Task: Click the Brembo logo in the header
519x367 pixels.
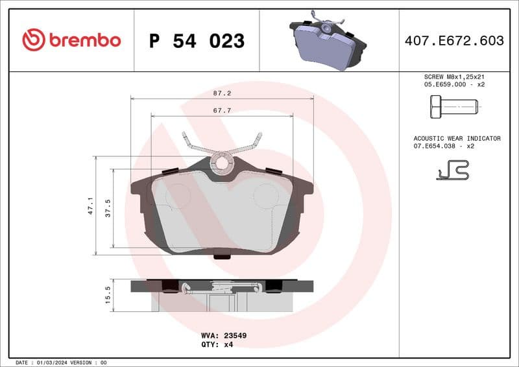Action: click(71, 40)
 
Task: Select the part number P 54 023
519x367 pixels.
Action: click(197, 41)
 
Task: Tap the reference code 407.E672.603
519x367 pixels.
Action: click(453, 40)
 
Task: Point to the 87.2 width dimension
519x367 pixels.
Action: click(223, 93)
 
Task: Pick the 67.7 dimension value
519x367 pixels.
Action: click(223, 111)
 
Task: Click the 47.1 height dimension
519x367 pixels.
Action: click(90, 206)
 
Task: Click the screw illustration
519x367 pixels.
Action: click(453, 106)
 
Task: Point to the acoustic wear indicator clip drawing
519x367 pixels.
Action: click(452, 170)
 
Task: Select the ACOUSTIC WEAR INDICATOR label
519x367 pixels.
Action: click(457, 139)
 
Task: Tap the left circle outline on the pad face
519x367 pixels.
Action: click(177, 195)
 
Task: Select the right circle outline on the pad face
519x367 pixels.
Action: click(265, 195)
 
